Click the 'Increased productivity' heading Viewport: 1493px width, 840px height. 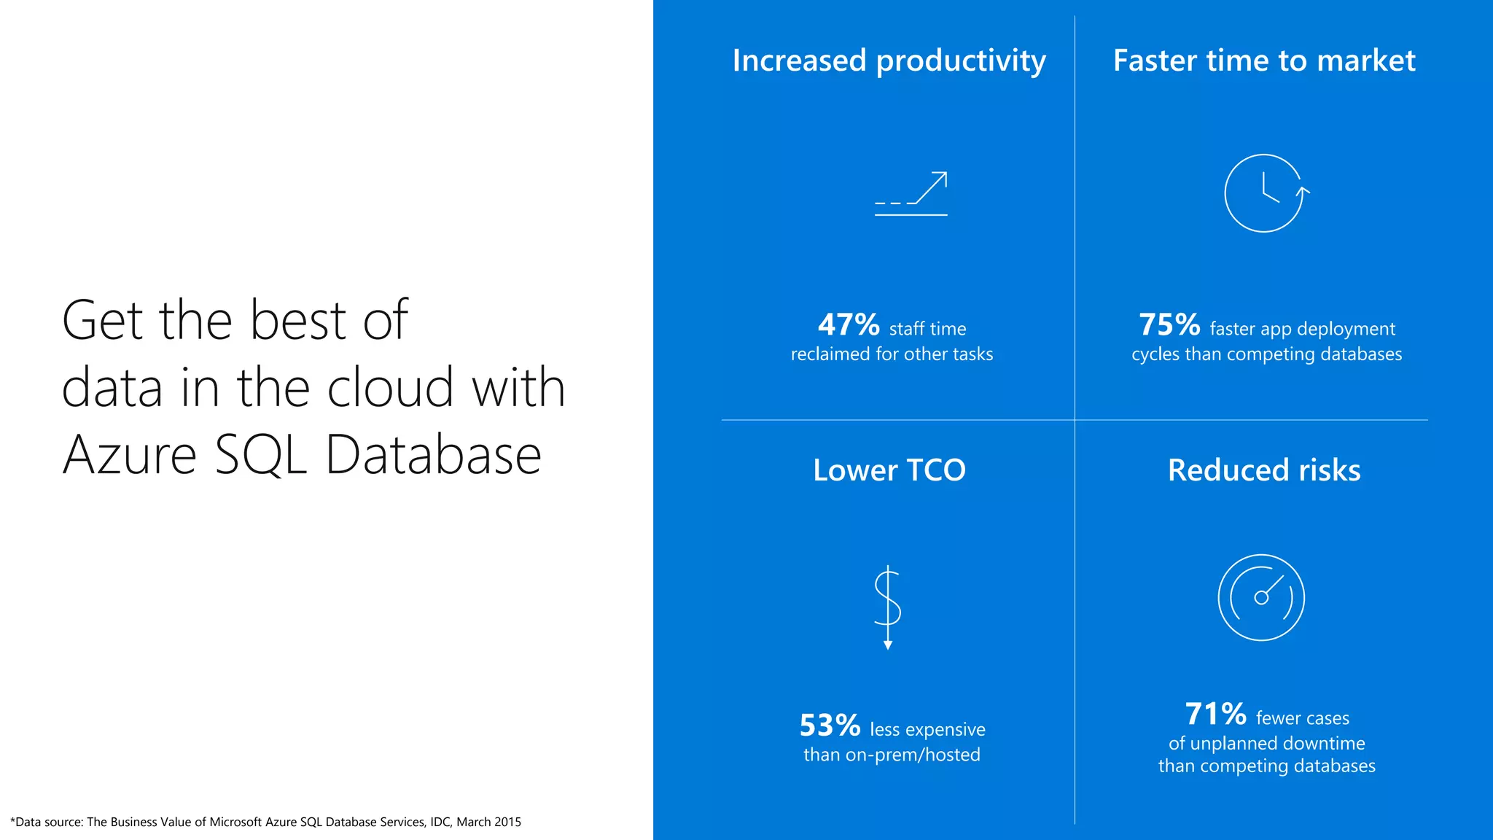pos(889,61)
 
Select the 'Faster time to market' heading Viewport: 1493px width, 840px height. pos(1264,61)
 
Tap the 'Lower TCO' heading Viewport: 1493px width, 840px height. pos(889,470)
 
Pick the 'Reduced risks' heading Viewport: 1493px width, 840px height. pos(1264,470)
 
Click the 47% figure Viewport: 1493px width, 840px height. pos(849,325)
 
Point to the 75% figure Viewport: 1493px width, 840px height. pos(1169,325)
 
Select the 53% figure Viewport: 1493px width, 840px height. pos(830,726)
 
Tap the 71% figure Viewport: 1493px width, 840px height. pos(1215,715)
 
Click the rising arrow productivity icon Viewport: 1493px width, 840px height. pos(911,194)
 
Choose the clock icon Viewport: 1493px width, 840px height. pos(1265,193)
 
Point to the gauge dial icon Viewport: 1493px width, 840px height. pos(1261,598)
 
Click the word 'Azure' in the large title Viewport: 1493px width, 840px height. pos(130,455)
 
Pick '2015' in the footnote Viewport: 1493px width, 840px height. pos(507,822)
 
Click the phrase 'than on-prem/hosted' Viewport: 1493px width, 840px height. pos(892,755)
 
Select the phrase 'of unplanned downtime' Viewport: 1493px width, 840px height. pos(1266,743)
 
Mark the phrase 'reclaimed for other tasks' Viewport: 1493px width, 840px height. pos(892,354)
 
